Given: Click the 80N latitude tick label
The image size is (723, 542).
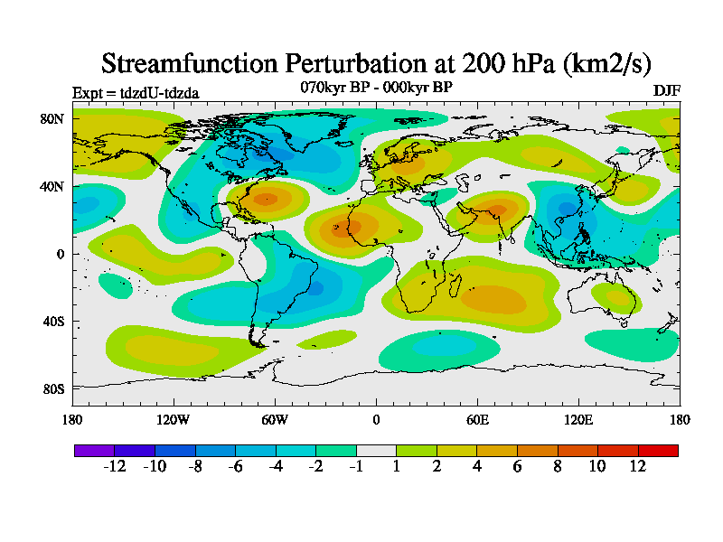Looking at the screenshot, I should (x=52, y=118).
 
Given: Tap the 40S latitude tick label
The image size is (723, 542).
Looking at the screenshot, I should (x=52, y=322).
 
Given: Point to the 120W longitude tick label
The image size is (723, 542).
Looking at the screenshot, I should (x=173, y=419).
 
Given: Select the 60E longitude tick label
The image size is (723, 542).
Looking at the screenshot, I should (x=477, y=419).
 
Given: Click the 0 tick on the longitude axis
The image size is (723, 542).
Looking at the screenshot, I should (x=376, y=419).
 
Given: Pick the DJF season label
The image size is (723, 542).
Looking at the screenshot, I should (x=666, y=91).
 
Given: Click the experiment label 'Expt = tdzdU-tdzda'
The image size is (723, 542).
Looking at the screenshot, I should (x=136, y=92).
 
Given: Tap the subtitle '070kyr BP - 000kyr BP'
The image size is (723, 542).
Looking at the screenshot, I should (x=376, y=88).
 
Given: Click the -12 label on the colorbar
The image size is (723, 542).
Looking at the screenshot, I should (x=114, y=466).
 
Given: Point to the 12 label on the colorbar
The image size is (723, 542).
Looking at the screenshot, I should (x=638, y=466).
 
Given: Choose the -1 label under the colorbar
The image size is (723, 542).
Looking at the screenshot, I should (x=356, y=466).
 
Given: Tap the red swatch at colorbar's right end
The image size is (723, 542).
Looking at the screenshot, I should (x=658, y=450).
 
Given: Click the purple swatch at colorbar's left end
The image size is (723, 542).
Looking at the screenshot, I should (x=94, y=450).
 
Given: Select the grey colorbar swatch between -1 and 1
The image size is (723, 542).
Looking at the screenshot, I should (x=376, y=450).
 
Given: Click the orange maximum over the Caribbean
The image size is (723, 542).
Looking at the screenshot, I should (x=266, y=199).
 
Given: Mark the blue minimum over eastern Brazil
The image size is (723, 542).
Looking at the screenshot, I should (x=315, y=289).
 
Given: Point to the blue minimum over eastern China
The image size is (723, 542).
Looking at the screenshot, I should (x=567, y=209).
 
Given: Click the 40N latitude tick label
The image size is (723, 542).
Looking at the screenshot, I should (x=52, y=186).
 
